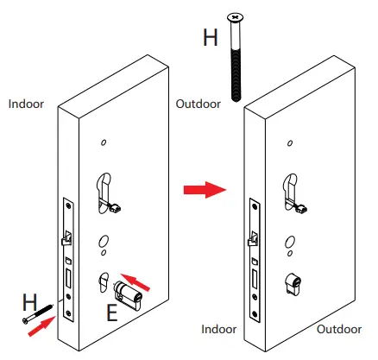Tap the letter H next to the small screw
click(29, 301)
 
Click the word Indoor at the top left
click(26, 104)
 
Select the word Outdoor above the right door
click(198, 104)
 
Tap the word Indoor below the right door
click(219, 329)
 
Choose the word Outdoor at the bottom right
click(337, 329)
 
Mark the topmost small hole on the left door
click(103, 142)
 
